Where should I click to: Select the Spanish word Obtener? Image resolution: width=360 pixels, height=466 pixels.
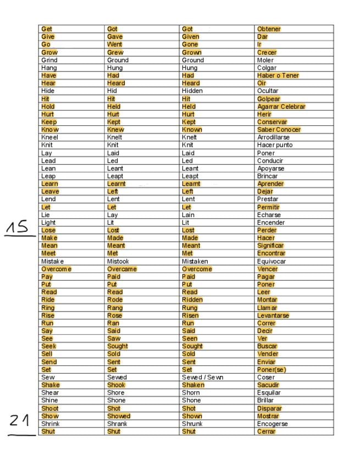(x=269, y=29)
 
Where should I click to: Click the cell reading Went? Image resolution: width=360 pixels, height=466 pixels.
(x=114, y=44)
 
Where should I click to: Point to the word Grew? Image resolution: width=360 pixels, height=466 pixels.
(x=115, y=52)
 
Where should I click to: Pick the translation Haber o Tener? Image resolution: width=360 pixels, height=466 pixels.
(x=278, y=75)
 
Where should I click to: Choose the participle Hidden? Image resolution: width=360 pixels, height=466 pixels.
(x=192, y=91)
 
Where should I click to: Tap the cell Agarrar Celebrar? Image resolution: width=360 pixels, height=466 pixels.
(x=281, y=107)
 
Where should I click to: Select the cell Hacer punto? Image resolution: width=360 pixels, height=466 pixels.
(x=275, y=145)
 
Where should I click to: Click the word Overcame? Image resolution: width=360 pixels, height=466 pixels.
(x=121, y=269)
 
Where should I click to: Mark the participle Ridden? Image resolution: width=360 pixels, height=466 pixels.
(x=192, y=300)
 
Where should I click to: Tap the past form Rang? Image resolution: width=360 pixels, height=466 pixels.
(x=115, y=308)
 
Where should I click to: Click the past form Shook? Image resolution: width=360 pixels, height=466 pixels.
(x=116, y=385)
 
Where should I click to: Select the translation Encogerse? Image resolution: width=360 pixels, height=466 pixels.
(x=273, y=424)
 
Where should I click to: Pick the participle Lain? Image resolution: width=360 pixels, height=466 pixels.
(x=188, y=215)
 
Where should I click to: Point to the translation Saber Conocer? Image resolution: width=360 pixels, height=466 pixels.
(x=279, y=130)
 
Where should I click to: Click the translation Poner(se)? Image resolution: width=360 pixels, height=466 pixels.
(x=272, y=370)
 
